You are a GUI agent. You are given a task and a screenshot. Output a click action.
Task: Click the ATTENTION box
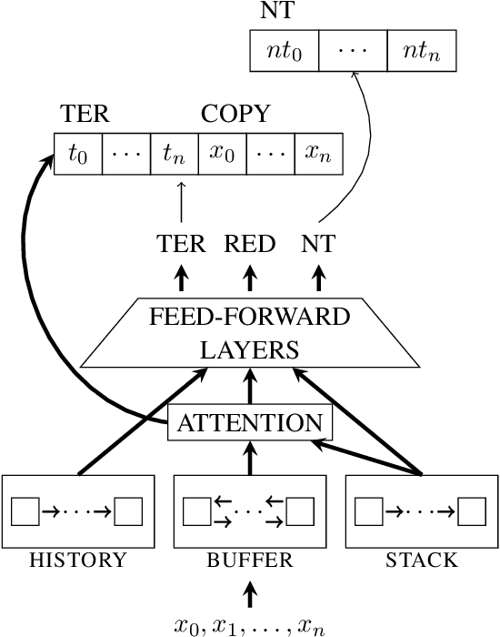point(249,422)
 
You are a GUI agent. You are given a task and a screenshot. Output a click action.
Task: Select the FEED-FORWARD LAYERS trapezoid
point(249,333)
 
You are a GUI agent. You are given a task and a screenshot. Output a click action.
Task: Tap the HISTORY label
point(77,561)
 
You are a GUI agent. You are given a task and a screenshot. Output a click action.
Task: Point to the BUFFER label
point(249,561)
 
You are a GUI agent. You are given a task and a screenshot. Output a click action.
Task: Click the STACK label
point(421,561)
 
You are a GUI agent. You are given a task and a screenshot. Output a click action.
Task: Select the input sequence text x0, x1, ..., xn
point(249,625)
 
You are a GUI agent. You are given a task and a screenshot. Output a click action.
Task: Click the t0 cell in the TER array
point(78,155)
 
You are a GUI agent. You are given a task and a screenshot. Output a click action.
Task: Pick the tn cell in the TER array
point(175,155)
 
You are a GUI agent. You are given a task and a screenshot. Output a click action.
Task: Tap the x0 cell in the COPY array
point(223,155)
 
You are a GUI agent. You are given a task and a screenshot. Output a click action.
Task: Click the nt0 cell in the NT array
point(284,51)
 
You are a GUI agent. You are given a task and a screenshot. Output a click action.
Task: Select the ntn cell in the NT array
point(421,51)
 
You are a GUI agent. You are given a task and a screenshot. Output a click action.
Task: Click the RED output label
point(249,243)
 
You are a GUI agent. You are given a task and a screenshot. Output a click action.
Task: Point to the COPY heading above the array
point(235,114)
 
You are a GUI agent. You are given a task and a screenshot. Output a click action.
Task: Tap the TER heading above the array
point(85,114)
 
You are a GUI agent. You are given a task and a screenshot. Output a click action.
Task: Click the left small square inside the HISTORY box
point(25,511)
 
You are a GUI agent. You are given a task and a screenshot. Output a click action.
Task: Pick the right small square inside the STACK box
point(472,511)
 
